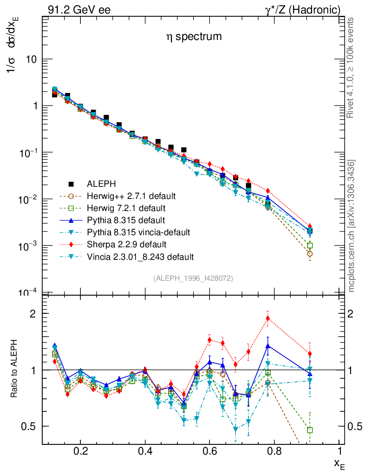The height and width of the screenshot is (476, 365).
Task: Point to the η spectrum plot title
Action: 194,37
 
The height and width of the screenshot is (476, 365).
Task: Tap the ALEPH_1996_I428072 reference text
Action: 193,278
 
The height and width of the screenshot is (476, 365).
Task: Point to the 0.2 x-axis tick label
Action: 80,451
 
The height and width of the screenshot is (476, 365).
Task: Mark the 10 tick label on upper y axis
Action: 31,59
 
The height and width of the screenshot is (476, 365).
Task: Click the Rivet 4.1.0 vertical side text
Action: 352,67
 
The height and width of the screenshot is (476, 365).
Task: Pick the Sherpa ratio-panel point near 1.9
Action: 268,318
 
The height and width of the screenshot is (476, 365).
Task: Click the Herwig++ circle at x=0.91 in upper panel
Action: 310,254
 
